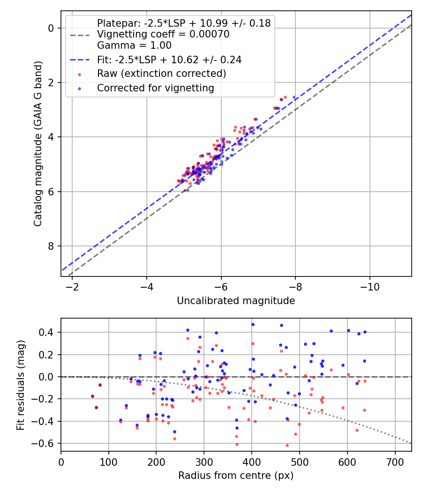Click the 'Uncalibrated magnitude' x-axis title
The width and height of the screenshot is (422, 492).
point(236,301)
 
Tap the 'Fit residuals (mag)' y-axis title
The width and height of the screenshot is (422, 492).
point(20,385)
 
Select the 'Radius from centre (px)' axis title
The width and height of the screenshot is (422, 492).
point(236,476)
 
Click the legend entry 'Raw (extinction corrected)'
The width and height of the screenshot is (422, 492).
point(161,74)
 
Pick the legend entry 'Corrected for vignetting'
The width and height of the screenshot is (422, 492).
point(155,88)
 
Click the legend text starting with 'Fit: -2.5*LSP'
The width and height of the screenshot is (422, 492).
point(169,60)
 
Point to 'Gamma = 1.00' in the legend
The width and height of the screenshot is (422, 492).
point(134,45)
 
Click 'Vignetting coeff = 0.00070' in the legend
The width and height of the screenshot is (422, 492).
point(163,34)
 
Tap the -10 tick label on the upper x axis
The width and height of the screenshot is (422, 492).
point(369,286)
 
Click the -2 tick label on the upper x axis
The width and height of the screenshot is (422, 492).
point(72,286)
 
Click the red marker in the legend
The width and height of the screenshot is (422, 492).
point(79,74)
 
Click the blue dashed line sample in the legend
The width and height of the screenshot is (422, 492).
point(79,60)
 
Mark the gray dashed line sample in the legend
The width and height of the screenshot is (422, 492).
point(79,35)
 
